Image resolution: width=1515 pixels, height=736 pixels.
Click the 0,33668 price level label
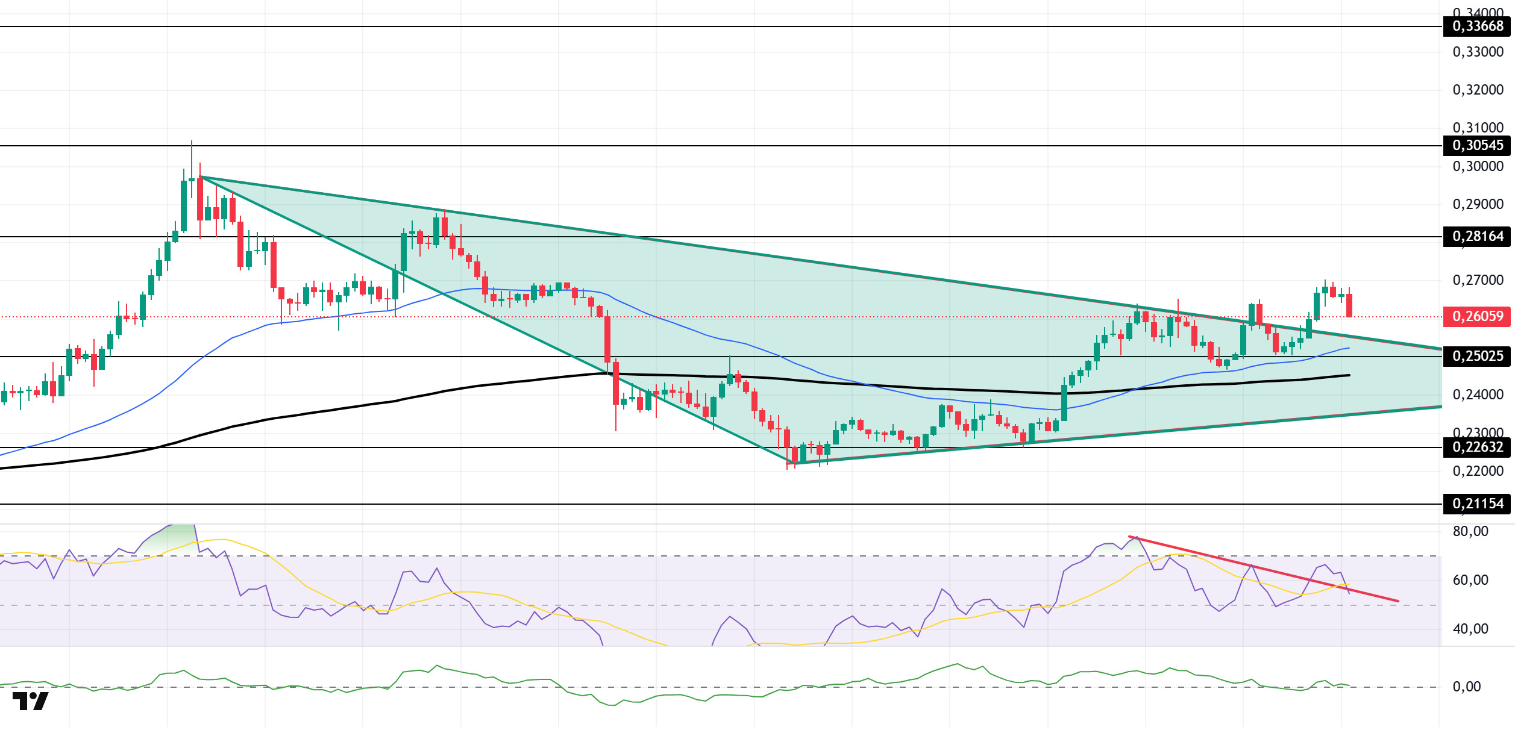(x=1477, y=27)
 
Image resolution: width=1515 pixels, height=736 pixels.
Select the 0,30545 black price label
(x=1477, y=146)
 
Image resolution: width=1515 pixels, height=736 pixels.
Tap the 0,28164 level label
(x=1477, y=237)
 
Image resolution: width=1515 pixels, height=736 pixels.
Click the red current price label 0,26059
(x=1477, y=317)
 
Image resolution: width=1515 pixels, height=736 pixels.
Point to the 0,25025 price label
(x=1477, y=357)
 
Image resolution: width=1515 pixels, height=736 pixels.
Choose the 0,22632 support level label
(x=1477, y=448)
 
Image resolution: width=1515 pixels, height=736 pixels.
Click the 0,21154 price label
(x=1477, y=504)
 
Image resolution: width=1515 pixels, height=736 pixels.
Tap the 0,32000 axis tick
(x=1478, y=90)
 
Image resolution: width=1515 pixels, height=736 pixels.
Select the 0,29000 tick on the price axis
(x=1478, y=205)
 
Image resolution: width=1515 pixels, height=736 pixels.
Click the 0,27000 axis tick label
(x=1478, y=281)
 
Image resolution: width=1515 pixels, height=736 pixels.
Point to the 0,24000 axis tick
(x=1478, y=395)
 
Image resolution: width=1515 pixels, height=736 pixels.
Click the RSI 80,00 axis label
(x=1470, y=532)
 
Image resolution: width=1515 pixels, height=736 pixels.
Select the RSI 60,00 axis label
(x=1470, y=581)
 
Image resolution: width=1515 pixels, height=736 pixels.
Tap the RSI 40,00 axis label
(x=1470, y=629)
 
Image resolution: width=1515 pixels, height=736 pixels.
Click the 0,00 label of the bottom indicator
(x=1466, y=687)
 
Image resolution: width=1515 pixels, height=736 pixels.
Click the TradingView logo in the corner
(x=31, y=702)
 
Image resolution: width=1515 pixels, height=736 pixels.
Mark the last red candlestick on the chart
(x=1349, y=305)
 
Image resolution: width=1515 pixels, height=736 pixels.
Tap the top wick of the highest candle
(x=192, y=145)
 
